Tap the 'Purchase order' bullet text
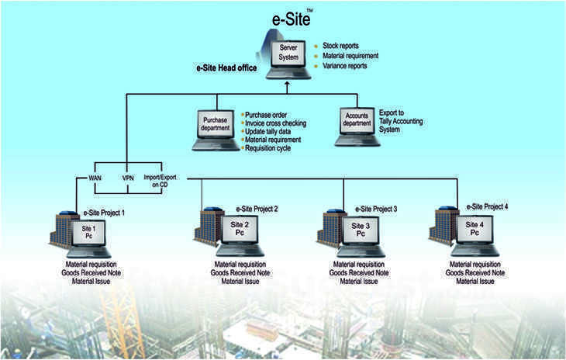click(265, 114)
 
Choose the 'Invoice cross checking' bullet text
click(275, 123)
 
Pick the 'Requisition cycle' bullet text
click(267, 148)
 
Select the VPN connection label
click(129, 178)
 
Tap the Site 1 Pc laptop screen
click(88, 234)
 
